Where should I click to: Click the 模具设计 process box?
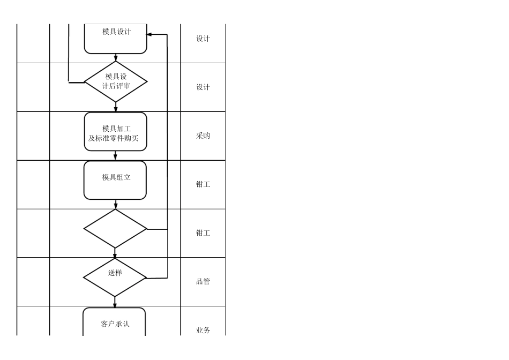pos(115,37)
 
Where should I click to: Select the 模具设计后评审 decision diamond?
pos(116,81)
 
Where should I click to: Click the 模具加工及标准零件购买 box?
pos(115,131)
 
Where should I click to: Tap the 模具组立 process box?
pos(115,180)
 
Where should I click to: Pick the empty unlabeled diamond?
pos(115,229)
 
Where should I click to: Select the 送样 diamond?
pos(115,277)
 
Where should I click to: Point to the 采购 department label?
pos(203,136)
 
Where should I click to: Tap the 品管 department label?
pos(203,281)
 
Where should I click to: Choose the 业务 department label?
pos(203,330)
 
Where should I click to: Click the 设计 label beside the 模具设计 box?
pos(203,39)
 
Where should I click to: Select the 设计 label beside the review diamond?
pos(203,87)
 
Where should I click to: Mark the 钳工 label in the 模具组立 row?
pos(203,184)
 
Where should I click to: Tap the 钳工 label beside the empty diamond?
pos(203,233)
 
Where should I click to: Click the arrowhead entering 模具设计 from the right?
pos(149,35)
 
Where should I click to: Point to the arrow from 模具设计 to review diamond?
pos(116,57)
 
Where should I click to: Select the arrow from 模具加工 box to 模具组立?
pos(116,156)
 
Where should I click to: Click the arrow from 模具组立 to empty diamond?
pos(116,205)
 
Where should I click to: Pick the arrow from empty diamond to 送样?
pos(115,253)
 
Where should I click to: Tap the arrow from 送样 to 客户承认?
pos(115,302)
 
